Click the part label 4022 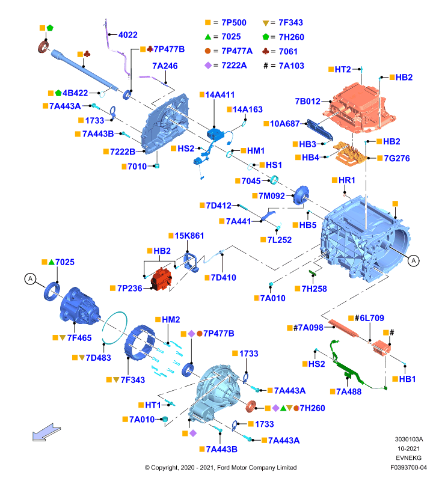tap(127, 35)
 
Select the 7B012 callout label tap(307, 101)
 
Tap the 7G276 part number tap(397, 158)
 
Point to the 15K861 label tap(189, 236)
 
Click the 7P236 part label tap(129, 289)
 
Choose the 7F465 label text tap(79, 338)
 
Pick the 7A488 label tap(349, 391)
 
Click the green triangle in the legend tap(208, 37)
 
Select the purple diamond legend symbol tap(208, 66)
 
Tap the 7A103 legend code tap(292, 66)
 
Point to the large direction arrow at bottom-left tap(46, 432)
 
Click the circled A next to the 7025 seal tap(30, 279)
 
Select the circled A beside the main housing tap(414, 261)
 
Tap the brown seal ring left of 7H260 tap(251, 406)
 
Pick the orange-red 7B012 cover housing tap(359, 108)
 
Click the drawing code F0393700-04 tap(408, 468)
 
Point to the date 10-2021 tap(408, 449)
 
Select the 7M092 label tap(271, 196)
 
